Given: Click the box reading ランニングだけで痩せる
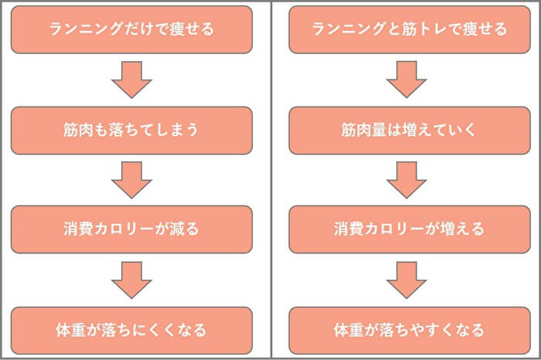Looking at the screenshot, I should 131,29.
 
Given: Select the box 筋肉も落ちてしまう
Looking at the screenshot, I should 131,129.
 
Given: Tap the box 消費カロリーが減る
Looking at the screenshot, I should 131,229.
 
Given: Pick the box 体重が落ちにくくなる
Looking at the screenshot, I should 131,330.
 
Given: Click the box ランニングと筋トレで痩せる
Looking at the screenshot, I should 409,29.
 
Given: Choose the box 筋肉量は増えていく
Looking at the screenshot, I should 409,129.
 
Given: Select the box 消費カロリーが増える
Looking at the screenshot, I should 409,229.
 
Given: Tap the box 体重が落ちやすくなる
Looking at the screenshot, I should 409,330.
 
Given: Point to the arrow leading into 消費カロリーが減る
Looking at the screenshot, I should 131,179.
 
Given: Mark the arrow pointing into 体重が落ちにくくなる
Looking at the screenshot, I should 131,280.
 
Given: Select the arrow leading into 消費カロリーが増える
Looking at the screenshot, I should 407,179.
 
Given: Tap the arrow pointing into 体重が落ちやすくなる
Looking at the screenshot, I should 407,280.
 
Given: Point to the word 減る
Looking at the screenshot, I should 185,229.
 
